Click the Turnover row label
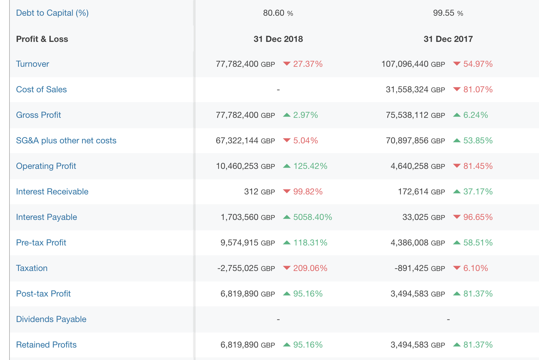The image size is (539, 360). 32,64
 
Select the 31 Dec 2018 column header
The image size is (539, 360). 278,39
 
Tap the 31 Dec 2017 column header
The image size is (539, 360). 448,39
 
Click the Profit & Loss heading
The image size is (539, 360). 42,39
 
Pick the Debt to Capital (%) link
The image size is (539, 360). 52,13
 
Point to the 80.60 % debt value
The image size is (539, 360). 278,13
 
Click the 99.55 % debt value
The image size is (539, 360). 448,13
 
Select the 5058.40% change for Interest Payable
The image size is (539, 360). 312,217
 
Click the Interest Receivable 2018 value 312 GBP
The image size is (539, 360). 259,191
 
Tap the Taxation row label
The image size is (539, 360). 32,268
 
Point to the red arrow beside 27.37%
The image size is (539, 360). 287,63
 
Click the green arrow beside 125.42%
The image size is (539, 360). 287,166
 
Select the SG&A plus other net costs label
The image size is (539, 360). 66,140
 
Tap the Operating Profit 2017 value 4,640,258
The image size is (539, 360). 418,166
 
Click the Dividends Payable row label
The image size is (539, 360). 51,319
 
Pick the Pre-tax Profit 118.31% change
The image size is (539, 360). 310,243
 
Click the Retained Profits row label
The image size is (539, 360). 46,345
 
